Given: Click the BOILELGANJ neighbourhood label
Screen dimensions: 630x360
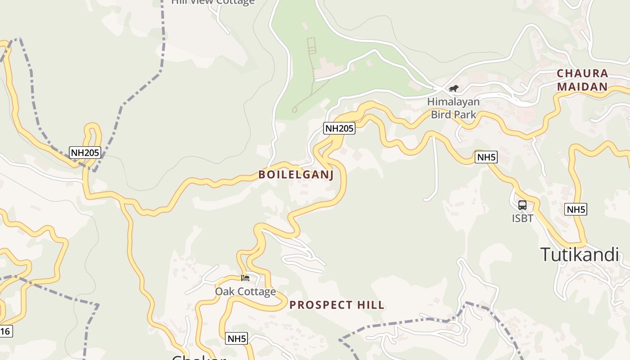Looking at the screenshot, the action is pos(296,175).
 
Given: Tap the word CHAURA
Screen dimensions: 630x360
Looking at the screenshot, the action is pos(582,73).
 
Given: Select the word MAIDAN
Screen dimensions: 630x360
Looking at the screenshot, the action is pos(582,86).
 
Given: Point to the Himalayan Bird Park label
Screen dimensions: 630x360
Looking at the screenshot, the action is pos(453,108).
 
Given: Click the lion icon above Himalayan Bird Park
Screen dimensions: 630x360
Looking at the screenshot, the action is pos(453,88).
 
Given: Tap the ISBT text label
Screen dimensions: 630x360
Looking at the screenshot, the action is pos(522,218).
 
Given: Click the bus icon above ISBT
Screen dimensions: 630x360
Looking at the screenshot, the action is pos(522,205).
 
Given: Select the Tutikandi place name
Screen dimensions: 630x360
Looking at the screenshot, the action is pos(580,255).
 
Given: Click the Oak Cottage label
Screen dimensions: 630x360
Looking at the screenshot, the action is pos(245,292).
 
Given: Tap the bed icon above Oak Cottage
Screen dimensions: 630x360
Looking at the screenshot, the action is pos(245,278).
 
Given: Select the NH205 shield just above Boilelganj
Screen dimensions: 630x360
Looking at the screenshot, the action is pos(339,128).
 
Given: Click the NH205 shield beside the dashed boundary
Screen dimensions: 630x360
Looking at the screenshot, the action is pos(85,153).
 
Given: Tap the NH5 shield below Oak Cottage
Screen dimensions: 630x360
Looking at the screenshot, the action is pos(237,339).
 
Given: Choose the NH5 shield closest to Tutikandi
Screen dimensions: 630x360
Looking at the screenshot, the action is pos(576,209).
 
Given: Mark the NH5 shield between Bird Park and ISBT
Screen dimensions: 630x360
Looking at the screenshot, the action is pos(486,157).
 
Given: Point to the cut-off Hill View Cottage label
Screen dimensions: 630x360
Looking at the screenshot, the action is pos(213,2).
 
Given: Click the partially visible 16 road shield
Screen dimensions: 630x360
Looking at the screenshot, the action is pos(5,332).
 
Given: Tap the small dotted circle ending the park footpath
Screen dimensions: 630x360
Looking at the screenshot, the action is pos(294,110).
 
